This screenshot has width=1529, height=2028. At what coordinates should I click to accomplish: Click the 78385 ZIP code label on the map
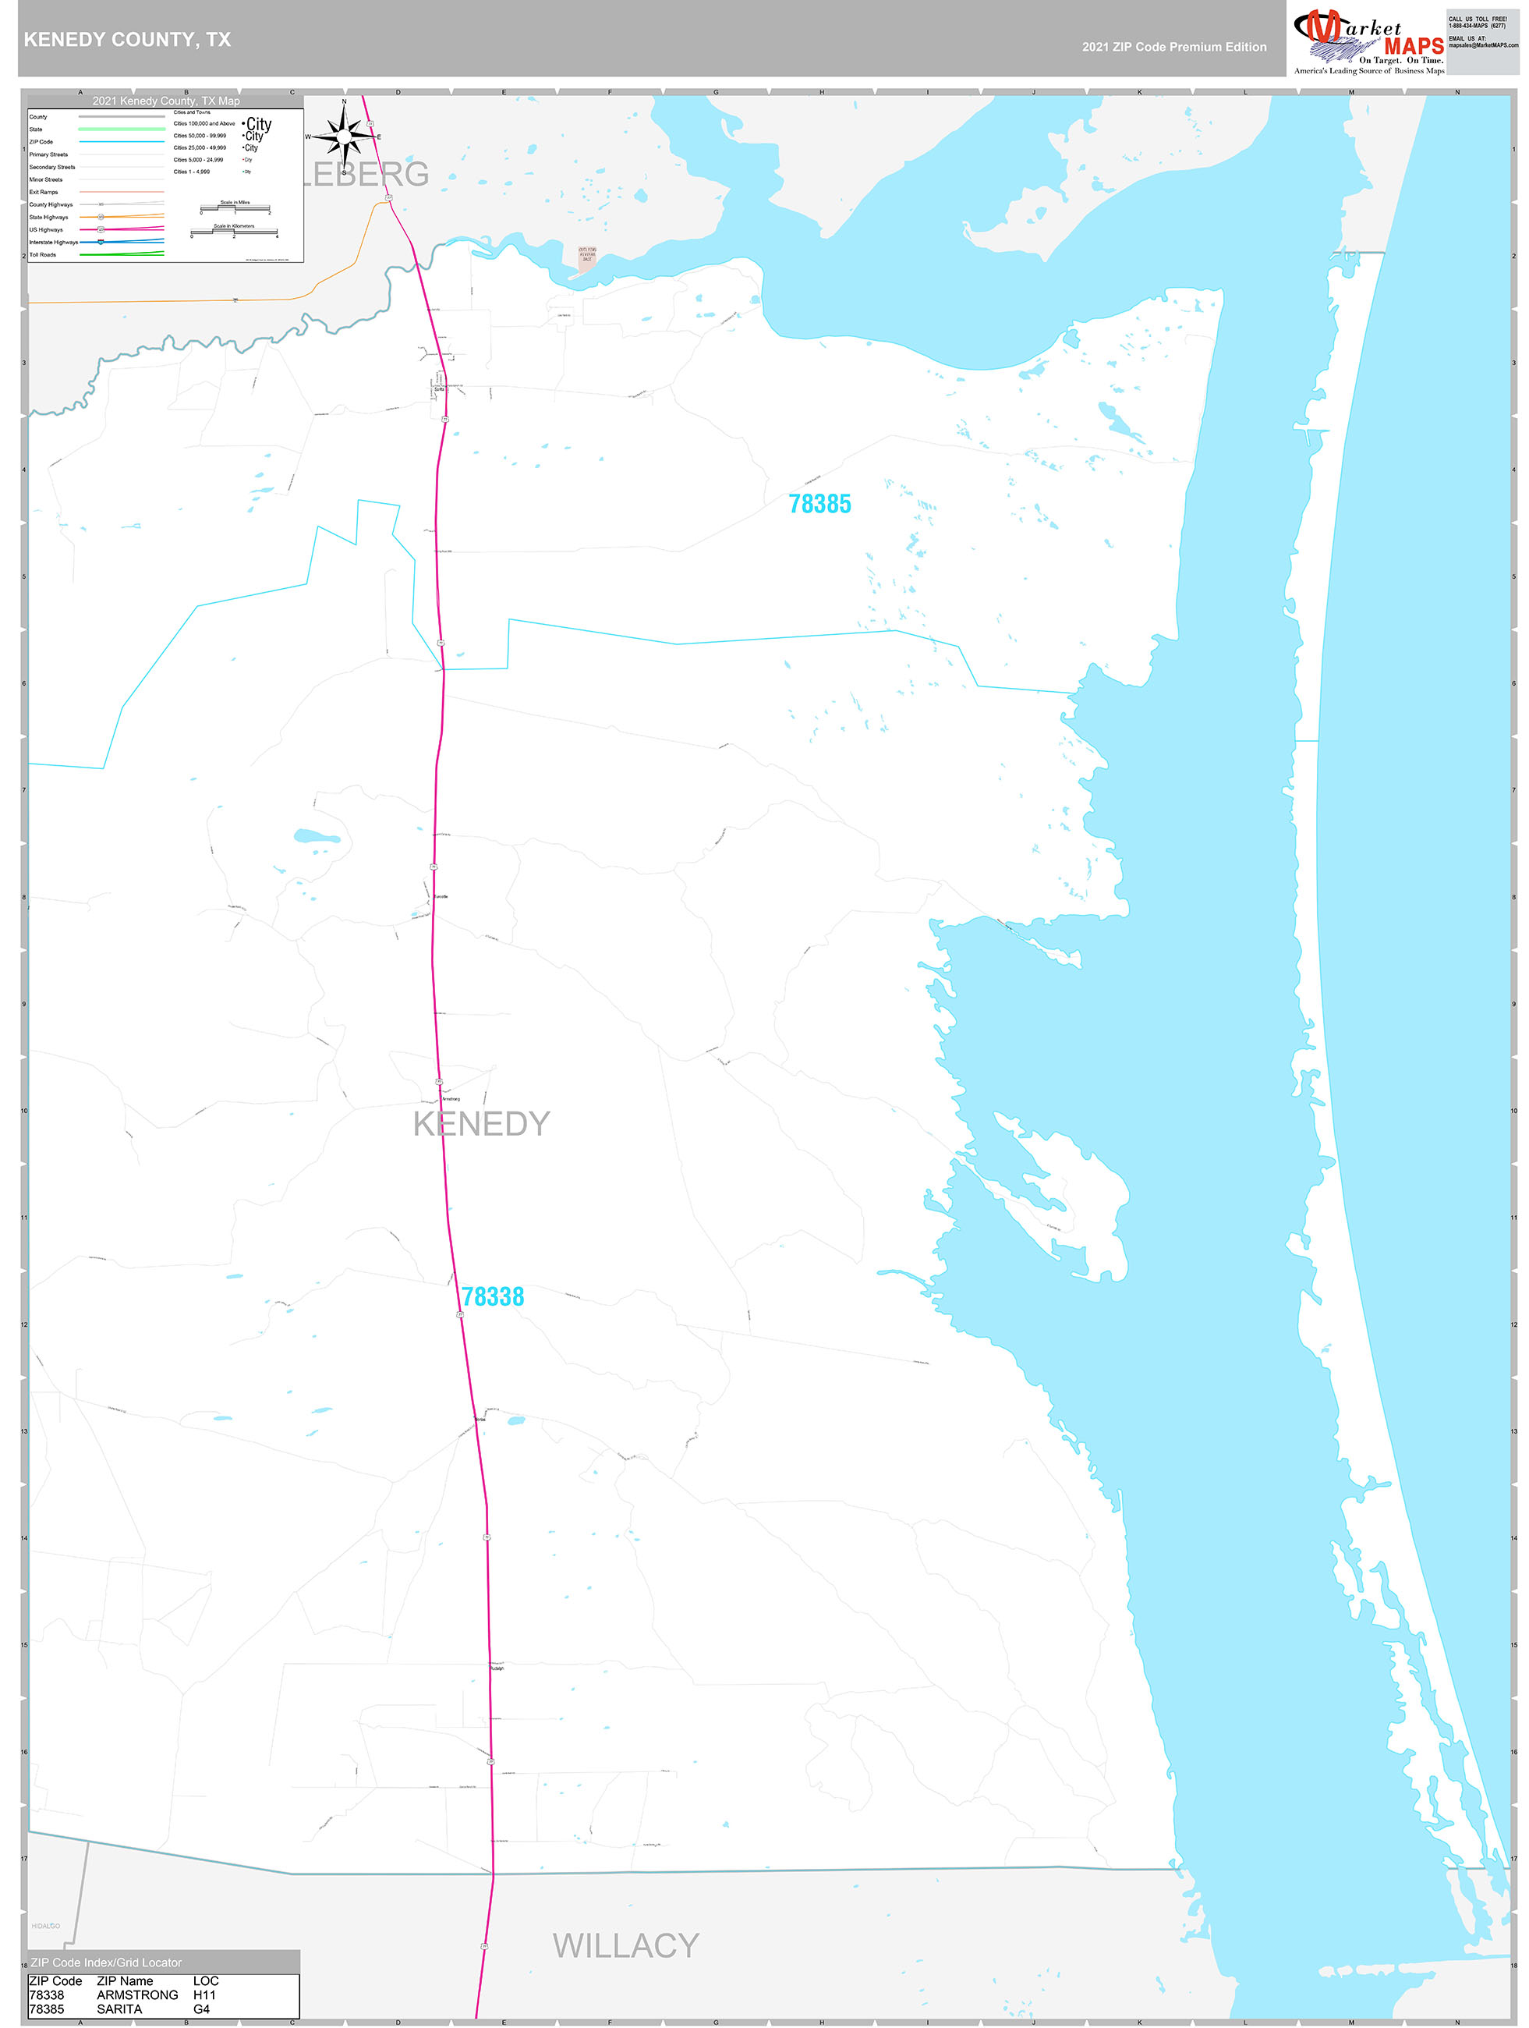pos(819,504)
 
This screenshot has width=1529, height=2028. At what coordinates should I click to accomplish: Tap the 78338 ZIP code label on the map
pos(492,1296)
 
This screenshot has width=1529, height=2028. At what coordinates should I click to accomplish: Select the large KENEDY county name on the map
pos(481,1124)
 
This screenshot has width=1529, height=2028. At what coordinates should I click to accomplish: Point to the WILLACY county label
pos(626,1945)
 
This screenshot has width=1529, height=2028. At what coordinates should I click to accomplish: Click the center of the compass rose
pos(344,136)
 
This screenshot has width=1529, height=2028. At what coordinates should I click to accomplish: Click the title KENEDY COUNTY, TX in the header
pos(127,40)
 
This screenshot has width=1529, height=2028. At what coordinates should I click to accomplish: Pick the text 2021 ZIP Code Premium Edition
pos(1173,47)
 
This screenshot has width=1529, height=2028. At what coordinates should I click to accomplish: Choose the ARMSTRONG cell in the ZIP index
pos(137,1995)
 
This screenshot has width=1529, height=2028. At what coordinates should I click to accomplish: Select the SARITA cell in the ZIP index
pos(119,2008)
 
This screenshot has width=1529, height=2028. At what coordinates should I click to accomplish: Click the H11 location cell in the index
pos(204,1995)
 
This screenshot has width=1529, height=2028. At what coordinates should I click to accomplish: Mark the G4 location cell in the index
pos(202,2008)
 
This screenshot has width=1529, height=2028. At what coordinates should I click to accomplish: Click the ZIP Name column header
pos(125,1980)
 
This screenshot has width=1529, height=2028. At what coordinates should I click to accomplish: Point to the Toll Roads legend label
pos(42,255)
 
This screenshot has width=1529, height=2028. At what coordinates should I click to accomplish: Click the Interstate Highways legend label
pos(53,242)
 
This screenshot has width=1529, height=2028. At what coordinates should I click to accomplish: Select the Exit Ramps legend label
pos(43,192)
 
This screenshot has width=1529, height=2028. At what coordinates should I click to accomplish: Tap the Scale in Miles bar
pos(235,208)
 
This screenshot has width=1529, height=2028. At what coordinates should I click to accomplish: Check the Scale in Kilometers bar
pos(234,232)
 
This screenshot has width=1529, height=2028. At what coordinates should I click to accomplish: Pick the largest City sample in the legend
pos(259,124)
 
